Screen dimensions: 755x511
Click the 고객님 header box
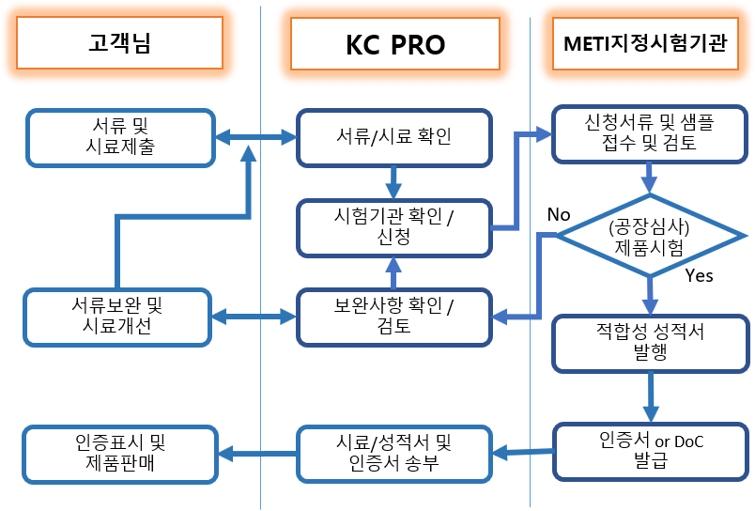119,43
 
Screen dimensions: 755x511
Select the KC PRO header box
394,44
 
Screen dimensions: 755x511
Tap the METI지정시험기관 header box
645,43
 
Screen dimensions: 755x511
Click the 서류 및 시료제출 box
120,138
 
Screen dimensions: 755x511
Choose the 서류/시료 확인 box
393,138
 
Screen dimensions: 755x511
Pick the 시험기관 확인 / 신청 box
393,228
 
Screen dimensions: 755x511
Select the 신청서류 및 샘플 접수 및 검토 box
650,134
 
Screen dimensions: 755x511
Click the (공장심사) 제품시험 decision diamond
650,236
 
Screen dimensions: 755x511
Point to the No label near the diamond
559,214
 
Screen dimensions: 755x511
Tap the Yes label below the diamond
699,275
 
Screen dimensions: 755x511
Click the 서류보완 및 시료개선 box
117,317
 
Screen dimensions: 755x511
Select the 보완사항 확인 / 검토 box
393,317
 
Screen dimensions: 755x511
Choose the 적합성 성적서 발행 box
651,344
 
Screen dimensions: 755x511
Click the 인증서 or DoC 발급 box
651,452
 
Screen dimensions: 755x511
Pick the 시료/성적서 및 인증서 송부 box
393,454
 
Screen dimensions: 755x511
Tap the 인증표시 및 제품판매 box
120,454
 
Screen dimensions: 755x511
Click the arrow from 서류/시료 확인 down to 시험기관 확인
393,183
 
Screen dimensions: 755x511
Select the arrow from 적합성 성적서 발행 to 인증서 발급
651,398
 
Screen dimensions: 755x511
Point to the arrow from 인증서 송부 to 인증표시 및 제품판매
257,454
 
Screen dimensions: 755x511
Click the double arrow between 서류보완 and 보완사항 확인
254,317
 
